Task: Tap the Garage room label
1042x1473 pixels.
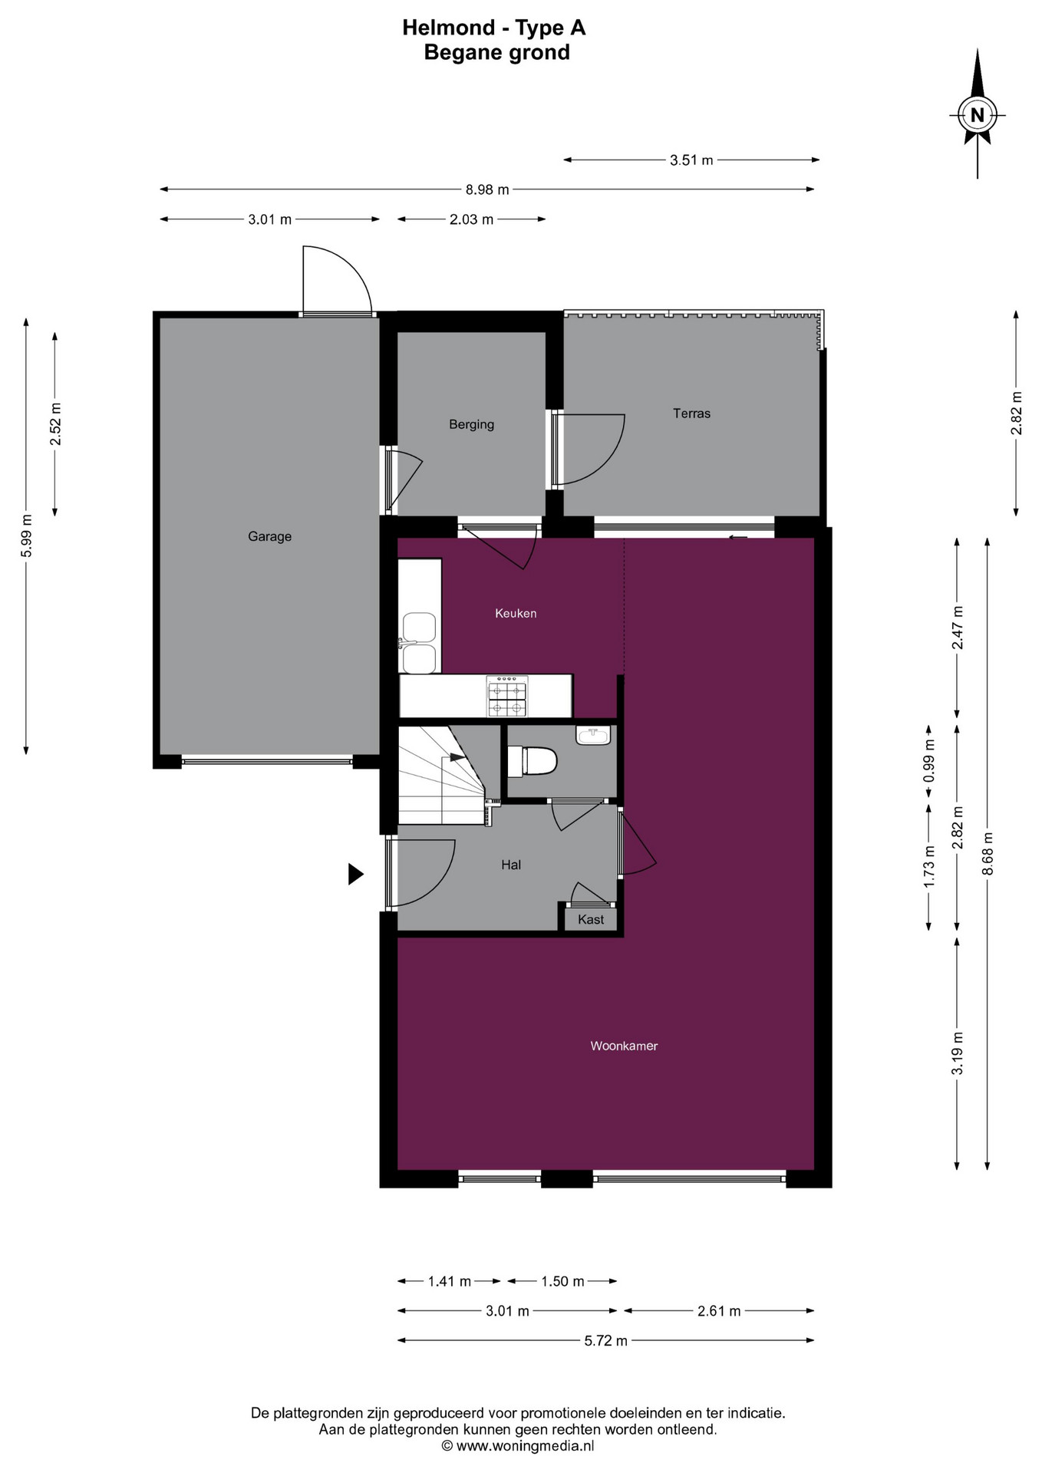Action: [269, 536]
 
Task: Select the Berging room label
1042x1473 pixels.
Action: [471, 424]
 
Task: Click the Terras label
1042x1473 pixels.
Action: [691, 414]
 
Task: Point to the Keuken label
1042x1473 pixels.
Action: [516, 613]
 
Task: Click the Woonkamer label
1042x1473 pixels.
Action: [624, 1046]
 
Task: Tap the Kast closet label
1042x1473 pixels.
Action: [591, 919]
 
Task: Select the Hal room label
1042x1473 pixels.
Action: [511, 865]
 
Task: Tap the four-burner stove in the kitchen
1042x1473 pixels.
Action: [507, 695]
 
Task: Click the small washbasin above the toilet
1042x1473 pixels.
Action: [593, 736]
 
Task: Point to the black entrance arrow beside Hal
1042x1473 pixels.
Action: [355, 874]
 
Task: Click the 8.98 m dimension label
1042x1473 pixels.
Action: [487, 189]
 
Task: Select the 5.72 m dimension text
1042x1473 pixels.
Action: [605, 1340]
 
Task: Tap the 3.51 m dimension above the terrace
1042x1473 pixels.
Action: [691, 160]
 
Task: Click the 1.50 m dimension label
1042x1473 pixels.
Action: [562, 1281]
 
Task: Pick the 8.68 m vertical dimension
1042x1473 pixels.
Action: [988, 853]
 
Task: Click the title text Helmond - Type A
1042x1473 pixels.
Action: [494, 28]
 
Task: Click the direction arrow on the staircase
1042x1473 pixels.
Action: [457, 757]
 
